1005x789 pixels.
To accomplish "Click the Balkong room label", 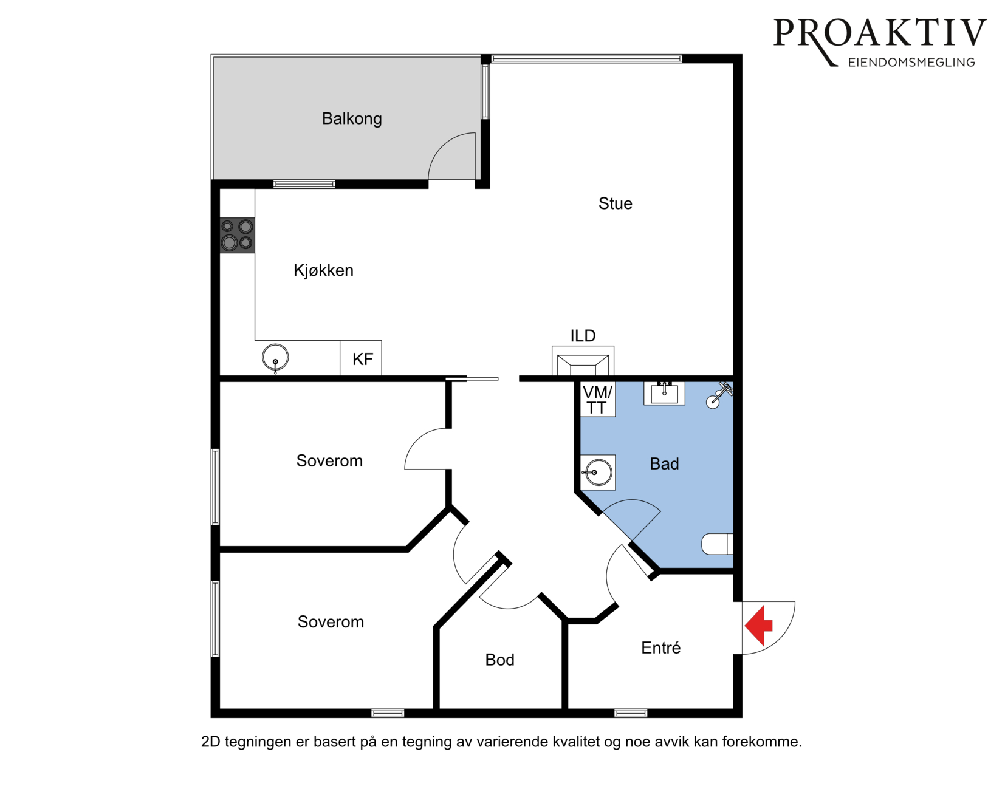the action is [x=352, y=119].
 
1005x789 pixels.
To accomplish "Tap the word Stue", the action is [x=615, y=203].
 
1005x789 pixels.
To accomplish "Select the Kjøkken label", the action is [x=323, y=270].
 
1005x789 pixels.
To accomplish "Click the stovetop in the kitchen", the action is [x=237, y=235].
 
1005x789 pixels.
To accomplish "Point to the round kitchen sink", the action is [x=275, y=357].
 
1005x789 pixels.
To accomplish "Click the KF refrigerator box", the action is [x=361, y=358].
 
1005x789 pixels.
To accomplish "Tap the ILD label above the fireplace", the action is [x=583, y=336].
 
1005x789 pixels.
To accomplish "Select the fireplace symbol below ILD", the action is [x=583, y=361].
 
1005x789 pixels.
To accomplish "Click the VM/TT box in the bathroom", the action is [x=597, y=400].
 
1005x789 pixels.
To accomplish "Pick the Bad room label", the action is [x=664, y=463].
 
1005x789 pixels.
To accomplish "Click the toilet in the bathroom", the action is [x=718, y=544].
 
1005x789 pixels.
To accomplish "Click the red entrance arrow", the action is [x=758, y=626].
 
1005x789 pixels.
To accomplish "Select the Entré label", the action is [x=661, y=647].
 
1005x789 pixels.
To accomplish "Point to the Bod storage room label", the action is [x=499, y=660].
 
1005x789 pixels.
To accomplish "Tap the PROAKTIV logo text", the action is [x=880, y=33].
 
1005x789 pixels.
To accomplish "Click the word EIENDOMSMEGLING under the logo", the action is [x=911, y=63].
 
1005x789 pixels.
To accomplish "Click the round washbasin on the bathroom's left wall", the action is [x=597, y=473].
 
